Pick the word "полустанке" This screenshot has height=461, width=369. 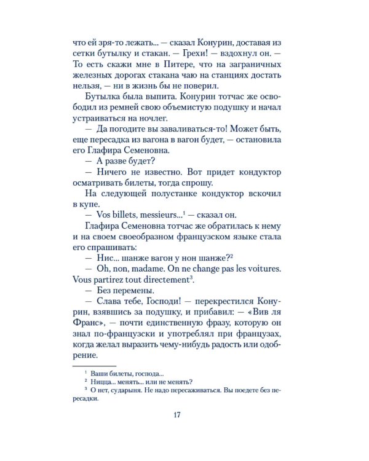click(167, 193)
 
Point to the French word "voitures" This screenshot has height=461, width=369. click(272, 269)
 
